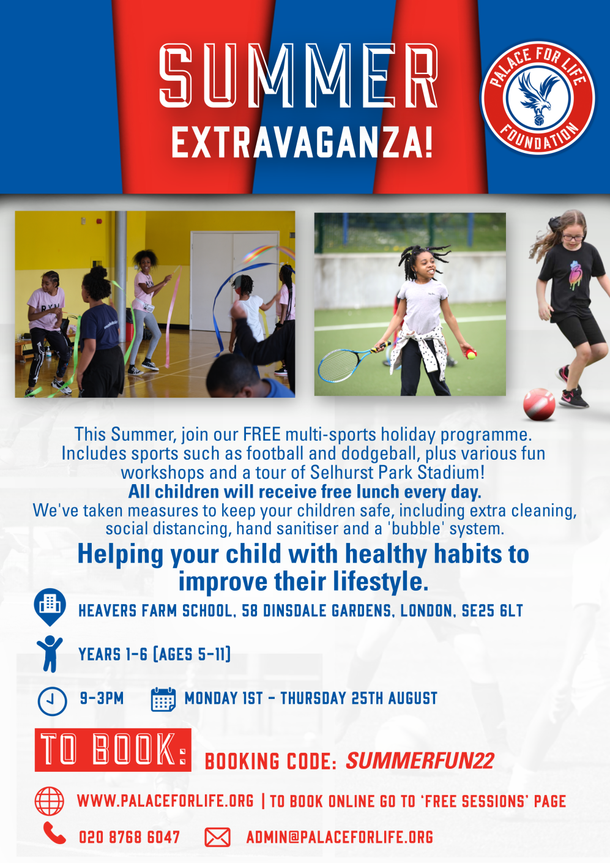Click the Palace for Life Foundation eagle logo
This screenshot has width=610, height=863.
click(538, 98)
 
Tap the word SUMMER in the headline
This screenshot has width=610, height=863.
click(299, 76)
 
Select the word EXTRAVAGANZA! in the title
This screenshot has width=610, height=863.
click(302, 143)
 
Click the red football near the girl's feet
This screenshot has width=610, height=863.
click(539, 404)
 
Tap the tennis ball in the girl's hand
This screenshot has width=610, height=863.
click(472, 354)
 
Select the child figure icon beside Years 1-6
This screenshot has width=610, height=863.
click(50, 654)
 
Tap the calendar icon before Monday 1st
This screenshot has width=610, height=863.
click(163, 699)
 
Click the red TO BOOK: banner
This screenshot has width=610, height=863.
click(113, 750)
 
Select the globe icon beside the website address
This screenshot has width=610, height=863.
click(50, 801)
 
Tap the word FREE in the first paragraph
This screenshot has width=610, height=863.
click(262, 434)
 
